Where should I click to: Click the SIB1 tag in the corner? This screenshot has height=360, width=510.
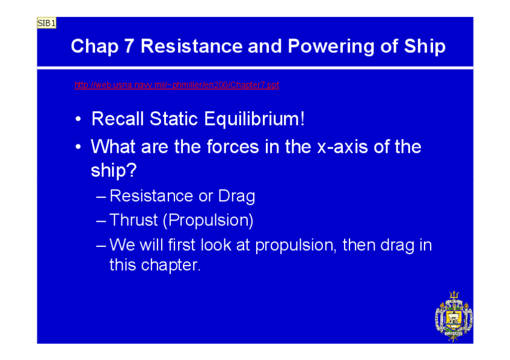(46, 23)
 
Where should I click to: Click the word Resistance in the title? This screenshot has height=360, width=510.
(192, 46)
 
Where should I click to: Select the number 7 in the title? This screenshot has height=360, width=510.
(129, 46)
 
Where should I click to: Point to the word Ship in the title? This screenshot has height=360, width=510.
(425, 47)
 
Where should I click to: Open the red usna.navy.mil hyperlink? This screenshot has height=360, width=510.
(177, 85)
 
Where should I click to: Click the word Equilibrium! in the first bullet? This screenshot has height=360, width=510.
(254, 119)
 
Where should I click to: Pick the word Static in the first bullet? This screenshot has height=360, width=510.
(173, 118)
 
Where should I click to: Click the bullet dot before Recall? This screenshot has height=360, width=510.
(78, 119)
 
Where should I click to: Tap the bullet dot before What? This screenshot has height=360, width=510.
(78, 147)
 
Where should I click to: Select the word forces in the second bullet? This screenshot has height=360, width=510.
(233, 147)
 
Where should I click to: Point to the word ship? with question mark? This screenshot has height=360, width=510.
(114, 171)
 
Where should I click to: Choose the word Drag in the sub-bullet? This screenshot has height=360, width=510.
(236, 197)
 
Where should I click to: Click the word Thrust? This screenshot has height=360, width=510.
(134, 221)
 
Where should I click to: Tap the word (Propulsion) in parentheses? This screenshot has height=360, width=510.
(208, 221)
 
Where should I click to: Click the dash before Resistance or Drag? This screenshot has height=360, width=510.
(101, 197)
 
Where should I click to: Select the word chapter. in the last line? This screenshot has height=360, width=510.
(170, 266)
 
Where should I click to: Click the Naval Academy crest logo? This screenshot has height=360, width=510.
(453, 316)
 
